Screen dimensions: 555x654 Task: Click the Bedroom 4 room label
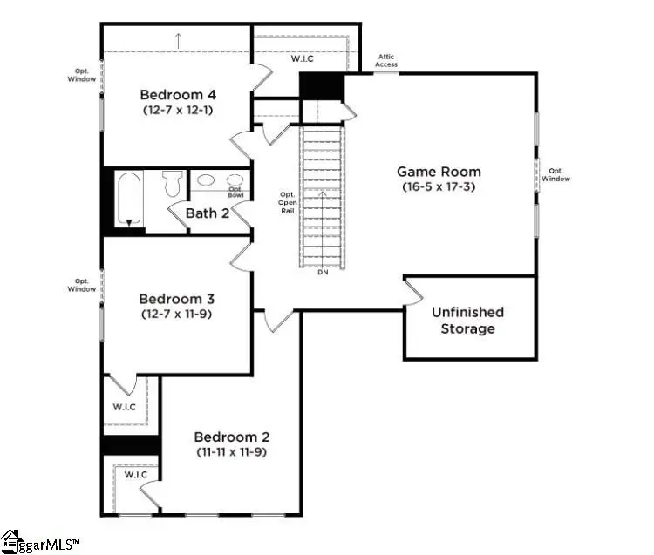click(178, 94)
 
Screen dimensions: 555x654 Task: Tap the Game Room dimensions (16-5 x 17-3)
click(439, 187)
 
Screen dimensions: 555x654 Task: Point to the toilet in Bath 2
click(172, 183)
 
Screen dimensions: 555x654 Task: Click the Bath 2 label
click(207, 213)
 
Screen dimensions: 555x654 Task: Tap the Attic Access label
click(385, 61)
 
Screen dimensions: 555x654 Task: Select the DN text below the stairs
click(323, 272)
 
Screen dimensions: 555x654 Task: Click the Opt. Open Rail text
click(287, 202)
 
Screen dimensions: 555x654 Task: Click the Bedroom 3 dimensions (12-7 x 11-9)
click(178, 313)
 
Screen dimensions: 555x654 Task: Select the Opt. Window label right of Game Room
click(555, 174)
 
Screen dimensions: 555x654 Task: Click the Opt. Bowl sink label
click(236, 192)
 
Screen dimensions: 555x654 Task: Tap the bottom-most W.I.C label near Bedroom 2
click(134, 475)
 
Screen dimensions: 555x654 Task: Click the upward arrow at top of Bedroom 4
click(178, 38)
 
